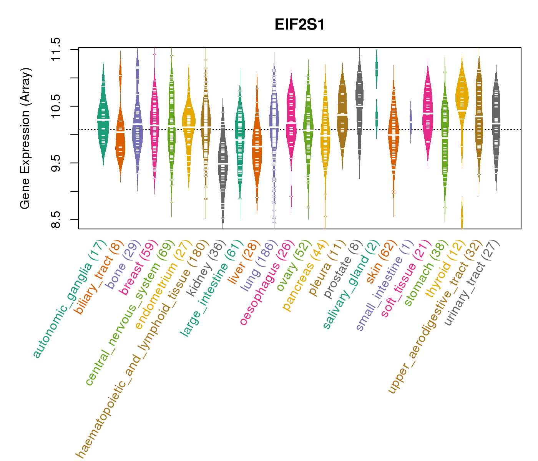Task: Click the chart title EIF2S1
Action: click(x=299, y=25)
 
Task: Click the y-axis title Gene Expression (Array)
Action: click(x=25, y=138)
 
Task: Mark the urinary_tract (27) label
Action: click(x=472, y=282)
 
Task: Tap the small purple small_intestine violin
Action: click(x=410, y=121)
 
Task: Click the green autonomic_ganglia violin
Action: click(x=103, y=115)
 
